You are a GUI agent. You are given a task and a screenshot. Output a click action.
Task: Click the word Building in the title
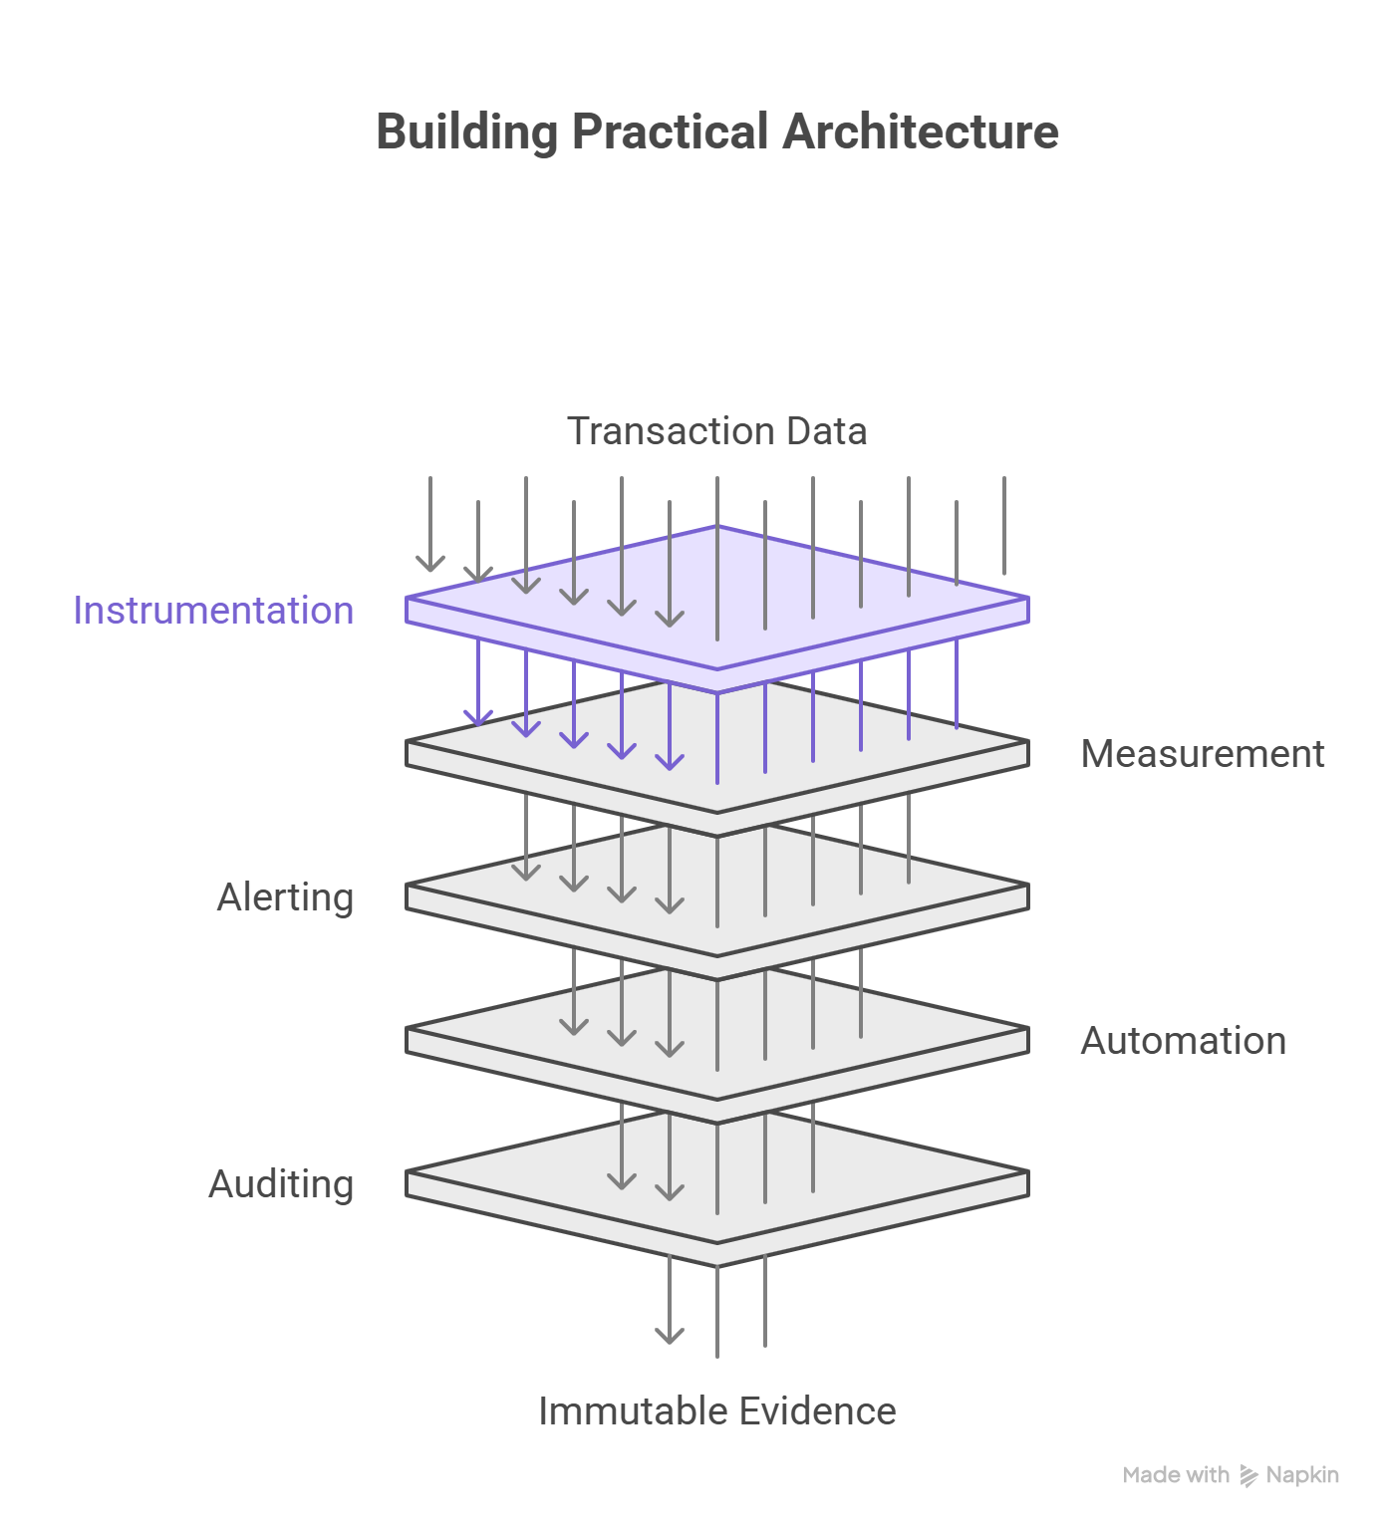[x=466, y=132]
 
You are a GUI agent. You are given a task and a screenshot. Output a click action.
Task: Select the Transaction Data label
[x=716, y=431]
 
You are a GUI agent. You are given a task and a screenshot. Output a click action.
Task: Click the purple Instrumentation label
[x=213, y=611]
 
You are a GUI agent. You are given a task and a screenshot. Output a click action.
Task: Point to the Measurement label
[x=1203, y=754]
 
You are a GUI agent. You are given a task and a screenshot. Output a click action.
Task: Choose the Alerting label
[x=285, y=897]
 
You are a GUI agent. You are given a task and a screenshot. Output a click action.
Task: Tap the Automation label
[x=1183, y=1041]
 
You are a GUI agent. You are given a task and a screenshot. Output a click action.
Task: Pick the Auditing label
[x=281, y=1184]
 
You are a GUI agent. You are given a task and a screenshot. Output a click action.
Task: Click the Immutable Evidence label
[x=716, y=1411]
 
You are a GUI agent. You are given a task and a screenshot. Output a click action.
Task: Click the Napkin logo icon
[x=1248, y=1476]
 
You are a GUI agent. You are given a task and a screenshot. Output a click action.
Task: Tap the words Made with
[x=1176, y=1475]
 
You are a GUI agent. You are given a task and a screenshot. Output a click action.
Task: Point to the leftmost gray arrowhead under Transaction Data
[x=430, y=564]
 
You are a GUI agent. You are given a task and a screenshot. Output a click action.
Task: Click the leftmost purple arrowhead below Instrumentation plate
[x=478, y=717]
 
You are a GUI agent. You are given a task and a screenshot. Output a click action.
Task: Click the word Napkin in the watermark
[x=1302, y=1475]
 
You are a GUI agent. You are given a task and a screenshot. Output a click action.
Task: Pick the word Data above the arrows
[x=826, y=431]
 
